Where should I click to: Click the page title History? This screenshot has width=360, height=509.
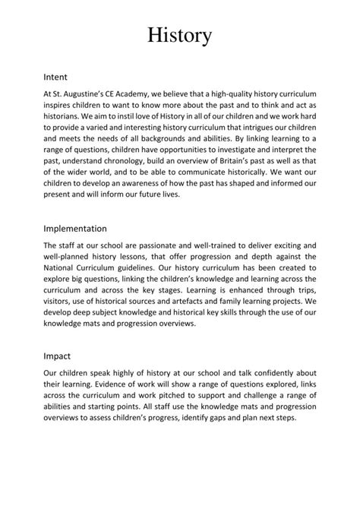[179, 35]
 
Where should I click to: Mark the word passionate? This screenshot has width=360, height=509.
[163, 245]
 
